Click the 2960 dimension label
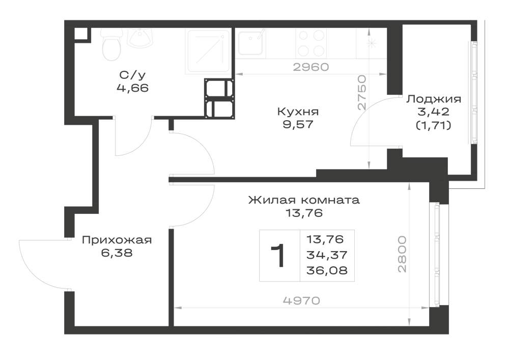(x=311, y=67)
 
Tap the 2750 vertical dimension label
(x=361, y=93)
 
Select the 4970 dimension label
(x=301, y=301)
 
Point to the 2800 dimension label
(x=402, y=254)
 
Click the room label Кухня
(x=298, y=112)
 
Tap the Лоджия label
(x=434, y=99)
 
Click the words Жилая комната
(x=304, y=200)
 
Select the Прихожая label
(x=117, y=240)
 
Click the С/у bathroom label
(x=133, y=75)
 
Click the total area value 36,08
(x=327, y=270)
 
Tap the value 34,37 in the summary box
(x=327, y=255)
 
